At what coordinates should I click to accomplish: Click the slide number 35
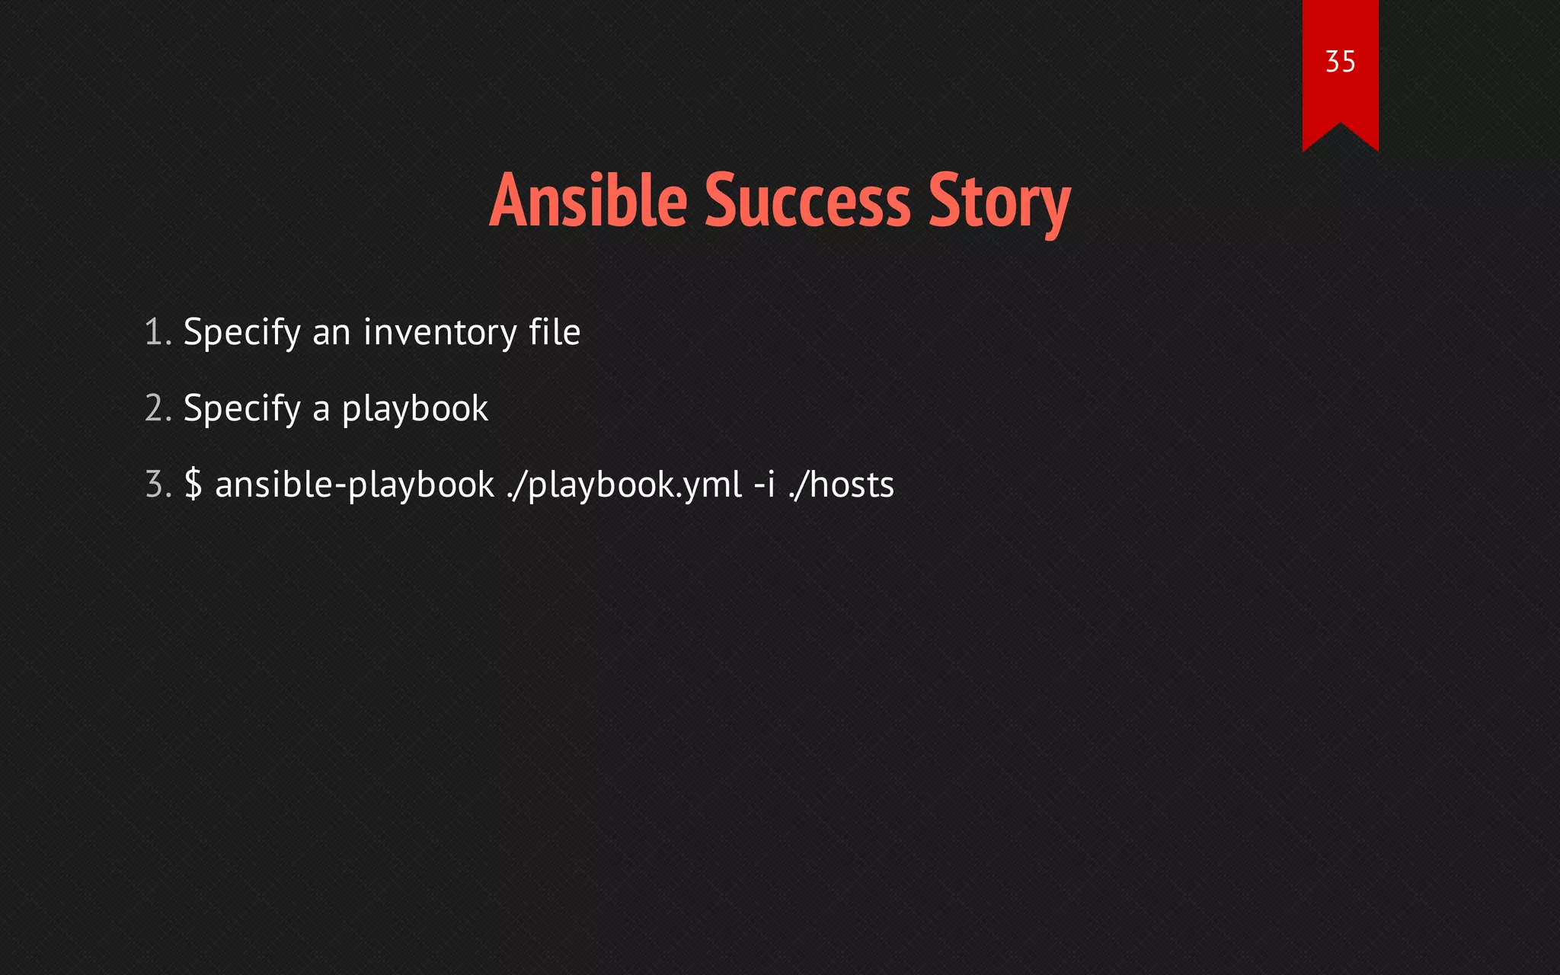(1340, 62)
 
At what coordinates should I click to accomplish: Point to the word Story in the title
(999, 202)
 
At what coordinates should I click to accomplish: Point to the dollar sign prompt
(193, 484)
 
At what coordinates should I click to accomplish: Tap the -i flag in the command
(764, 484)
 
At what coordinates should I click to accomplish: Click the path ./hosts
(841, 484)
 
